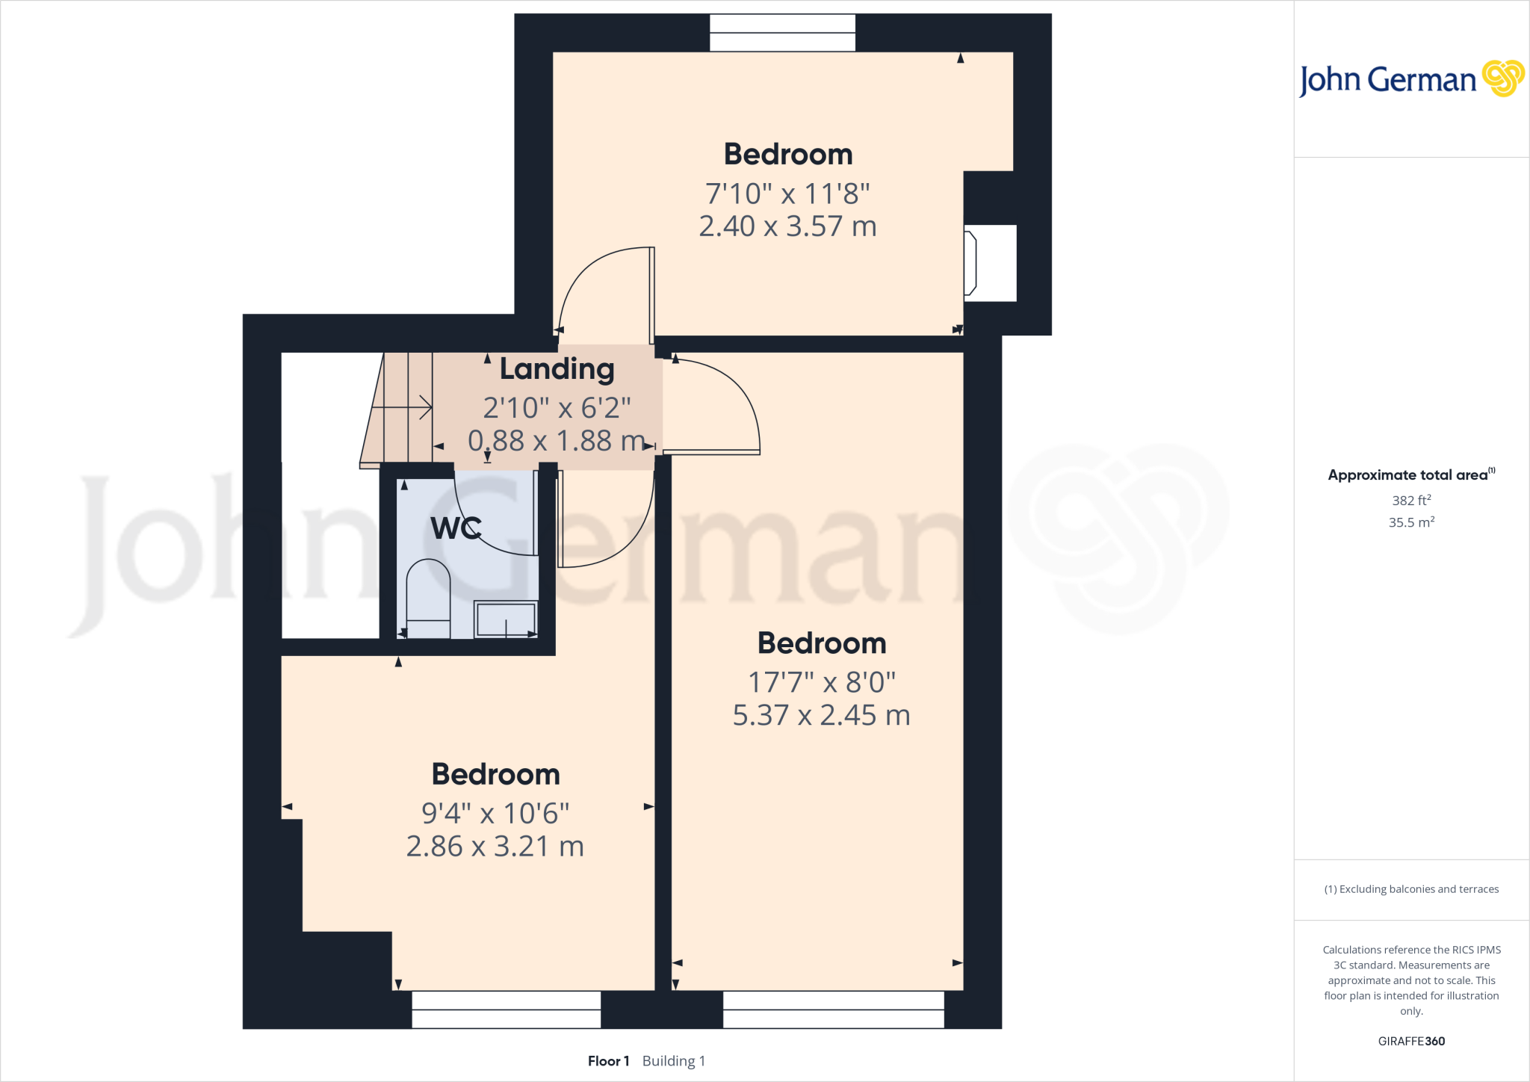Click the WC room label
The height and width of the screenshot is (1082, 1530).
coord(456,528)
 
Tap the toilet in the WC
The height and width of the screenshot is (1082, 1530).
coord(428,598)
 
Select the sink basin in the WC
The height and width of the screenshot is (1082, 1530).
coord(507,619)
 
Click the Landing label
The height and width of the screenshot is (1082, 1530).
coord(557,369)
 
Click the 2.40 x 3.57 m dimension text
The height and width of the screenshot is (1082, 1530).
coord(787,226)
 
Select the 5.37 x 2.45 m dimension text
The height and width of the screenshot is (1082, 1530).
coord(821,716)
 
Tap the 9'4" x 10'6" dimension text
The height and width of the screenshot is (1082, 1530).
coord(495,813)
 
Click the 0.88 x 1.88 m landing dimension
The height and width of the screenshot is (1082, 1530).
coord(557,441)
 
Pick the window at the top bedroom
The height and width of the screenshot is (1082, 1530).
coord(782,33)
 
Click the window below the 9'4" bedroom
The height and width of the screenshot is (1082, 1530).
coord(507,1010)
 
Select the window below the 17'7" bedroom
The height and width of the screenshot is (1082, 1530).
coord(833,1010)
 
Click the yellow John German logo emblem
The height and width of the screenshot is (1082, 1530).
coord(1502,78)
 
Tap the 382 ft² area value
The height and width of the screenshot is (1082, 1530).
coord(1411,501)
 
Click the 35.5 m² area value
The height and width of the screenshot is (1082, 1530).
coord(1411,522)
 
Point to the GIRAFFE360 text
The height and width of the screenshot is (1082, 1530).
coord(1411,1041)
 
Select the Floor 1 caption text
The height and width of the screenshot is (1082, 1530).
coord(608,1061)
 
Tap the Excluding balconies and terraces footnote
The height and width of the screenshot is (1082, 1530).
coord(1411,889)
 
